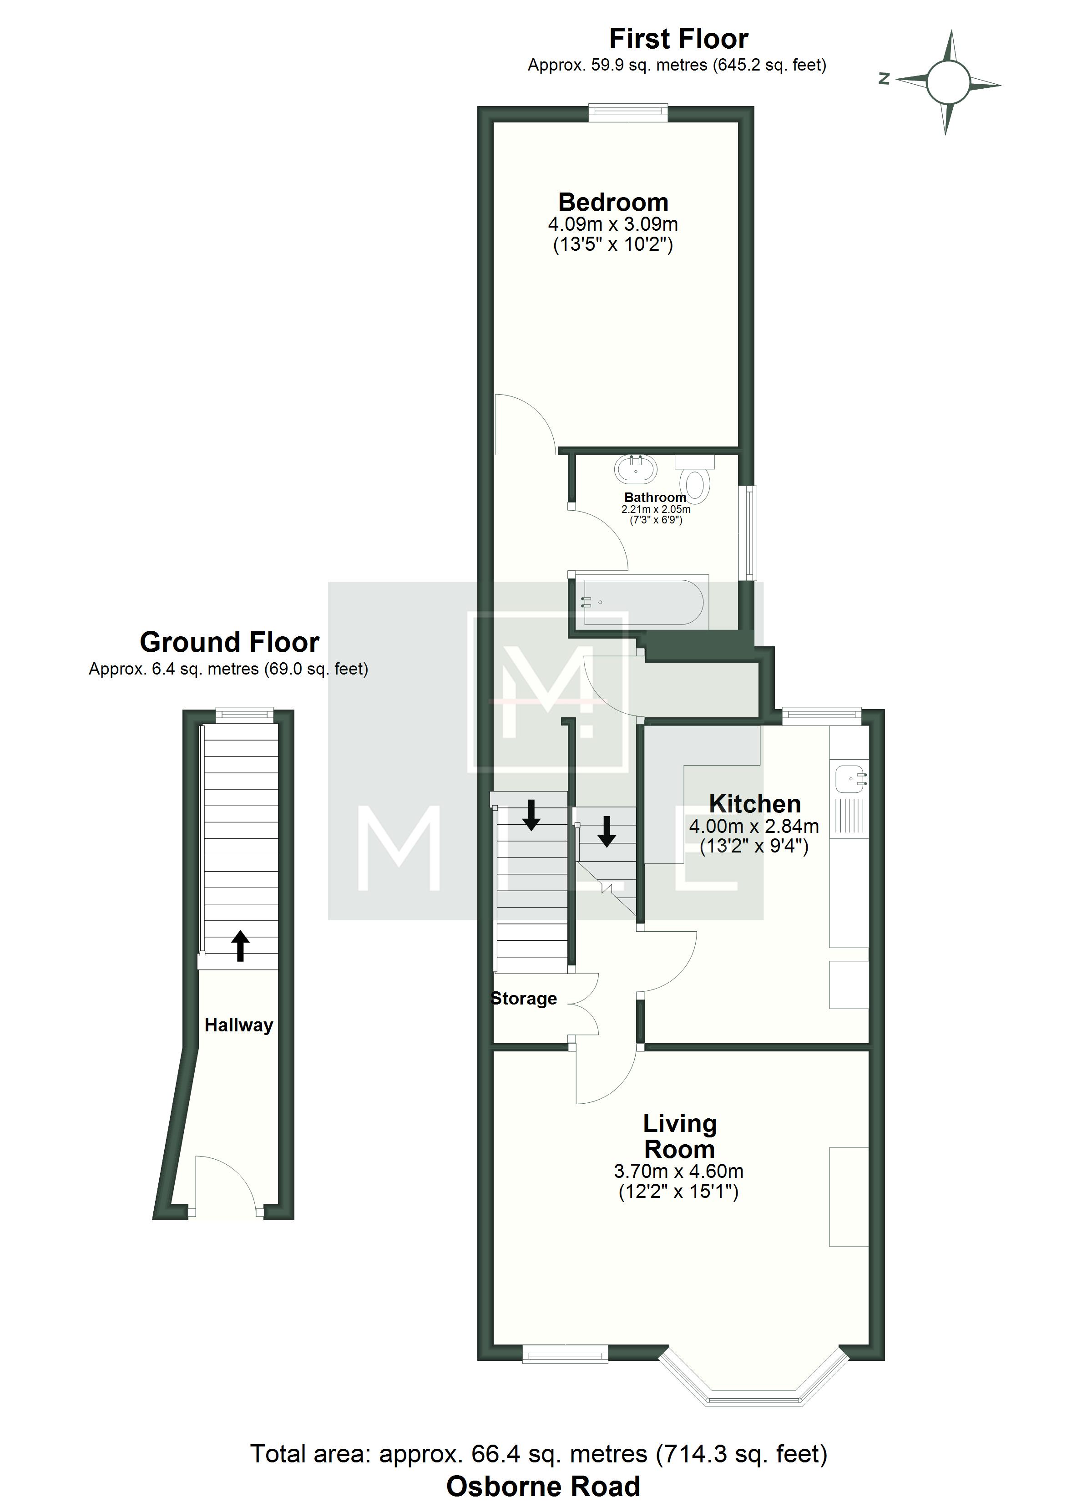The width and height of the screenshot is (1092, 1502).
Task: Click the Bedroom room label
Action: click(613, 202)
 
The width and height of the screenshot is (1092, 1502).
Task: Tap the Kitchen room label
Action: click(755, 803)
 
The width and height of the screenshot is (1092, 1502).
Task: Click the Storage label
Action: click(524, 998)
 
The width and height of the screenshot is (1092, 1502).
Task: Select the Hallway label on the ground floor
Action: click(238, 1025)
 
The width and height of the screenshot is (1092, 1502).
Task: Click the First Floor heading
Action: click(679, 39)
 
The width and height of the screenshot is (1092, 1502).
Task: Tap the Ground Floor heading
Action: click(229, 642)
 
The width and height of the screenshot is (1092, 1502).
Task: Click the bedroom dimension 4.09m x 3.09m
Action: click(612, 224)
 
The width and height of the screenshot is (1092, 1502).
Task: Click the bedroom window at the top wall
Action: click(628, 113)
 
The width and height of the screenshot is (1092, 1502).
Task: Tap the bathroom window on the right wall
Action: click(748, 533)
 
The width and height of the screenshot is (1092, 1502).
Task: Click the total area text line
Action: click(538, 1454)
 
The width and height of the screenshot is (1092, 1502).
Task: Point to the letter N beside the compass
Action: click(884, 79)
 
